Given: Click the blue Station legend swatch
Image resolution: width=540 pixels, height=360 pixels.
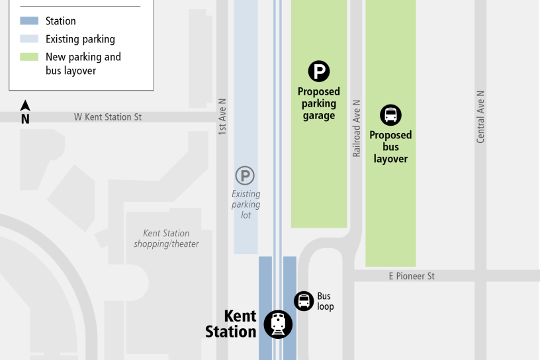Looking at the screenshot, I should (29, 21).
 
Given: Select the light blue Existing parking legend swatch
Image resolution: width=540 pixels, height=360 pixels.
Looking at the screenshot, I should (29, 39).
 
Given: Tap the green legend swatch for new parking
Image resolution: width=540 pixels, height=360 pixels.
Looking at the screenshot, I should (29, 57).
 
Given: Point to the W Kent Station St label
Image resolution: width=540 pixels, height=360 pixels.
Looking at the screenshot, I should (108, 117).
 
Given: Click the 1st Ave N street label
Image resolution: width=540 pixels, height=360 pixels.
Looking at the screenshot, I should (222, 118).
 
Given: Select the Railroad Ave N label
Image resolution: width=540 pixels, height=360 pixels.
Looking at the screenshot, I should (357, 128).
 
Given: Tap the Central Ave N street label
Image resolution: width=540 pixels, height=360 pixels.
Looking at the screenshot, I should (480, 116).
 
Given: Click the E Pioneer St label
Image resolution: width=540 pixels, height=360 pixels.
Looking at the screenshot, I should (412, 276).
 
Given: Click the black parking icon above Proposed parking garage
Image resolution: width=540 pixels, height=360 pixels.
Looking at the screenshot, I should (319, 71).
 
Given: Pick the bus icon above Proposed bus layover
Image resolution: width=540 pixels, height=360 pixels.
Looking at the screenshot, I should (390, 115).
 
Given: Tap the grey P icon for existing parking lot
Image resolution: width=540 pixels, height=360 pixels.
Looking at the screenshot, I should (246, 176).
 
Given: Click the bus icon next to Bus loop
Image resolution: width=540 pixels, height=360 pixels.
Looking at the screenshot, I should (304, 301).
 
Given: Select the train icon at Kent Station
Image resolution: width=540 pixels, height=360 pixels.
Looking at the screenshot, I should (279, 324).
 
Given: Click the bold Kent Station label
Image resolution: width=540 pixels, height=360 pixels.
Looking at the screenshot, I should (231, 324).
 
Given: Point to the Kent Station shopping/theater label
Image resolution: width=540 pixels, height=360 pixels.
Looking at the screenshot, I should (166, 238).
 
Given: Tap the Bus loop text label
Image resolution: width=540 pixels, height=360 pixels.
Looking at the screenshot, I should (325, 301).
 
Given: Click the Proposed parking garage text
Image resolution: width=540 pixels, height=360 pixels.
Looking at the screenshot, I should (319, 103).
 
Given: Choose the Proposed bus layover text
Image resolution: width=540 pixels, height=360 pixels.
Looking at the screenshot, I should (390, 147).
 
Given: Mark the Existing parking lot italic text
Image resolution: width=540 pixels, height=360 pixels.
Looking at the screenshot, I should (246, 204).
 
